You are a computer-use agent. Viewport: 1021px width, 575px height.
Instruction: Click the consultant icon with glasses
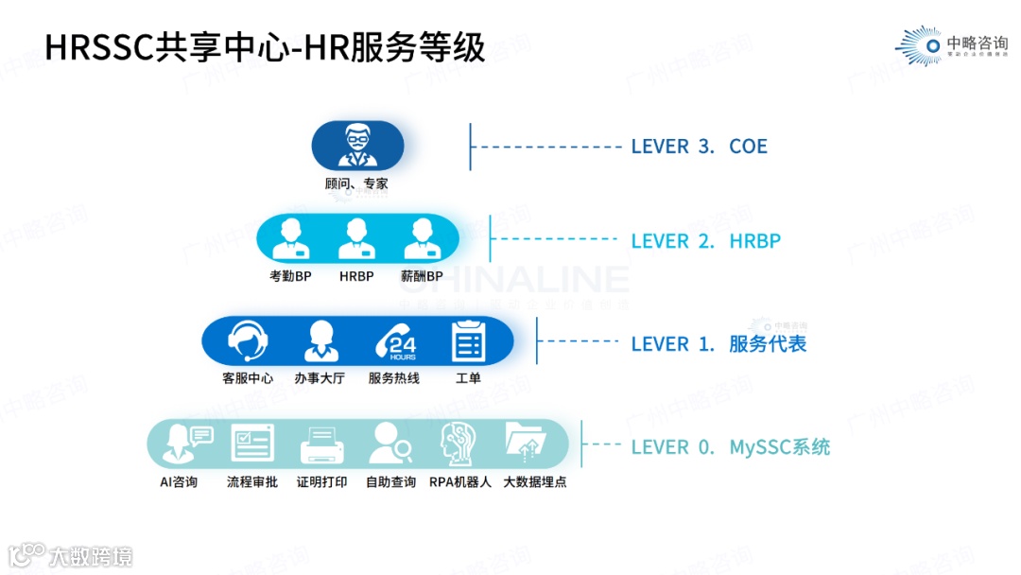click(x=357, y=146)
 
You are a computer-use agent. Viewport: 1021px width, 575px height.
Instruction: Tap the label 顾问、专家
click(x=356, y=184)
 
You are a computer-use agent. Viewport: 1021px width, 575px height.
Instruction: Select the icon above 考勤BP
click(x=290, y=239)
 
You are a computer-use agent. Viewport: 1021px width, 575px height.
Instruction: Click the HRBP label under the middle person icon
click(x=356, y=277)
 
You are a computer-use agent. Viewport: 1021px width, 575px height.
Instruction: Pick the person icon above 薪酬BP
click(x=423, y=239)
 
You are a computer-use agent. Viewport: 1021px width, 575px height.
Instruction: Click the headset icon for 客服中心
click(x=248, y=341)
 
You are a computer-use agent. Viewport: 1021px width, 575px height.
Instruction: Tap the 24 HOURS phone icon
click(x=395, y=341)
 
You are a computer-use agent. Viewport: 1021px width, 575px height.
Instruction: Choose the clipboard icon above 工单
click(x=468, y=341)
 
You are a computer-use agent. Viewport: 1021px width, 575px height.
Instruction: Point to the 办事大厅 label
click(x=320, y=378)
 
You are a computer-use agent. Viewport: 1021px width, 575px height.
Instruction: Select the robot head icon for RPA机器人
click(x=460, y=444)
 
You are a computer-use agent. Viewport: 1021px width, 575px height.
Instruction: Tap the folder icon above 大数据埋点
click(x=527, y=443)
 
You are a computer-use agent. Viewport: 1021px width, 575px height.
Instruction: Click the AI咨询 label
click(x=179, y=482)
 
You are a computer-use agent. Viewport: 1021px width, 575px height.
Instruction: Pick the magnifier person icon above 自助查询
click(x=390, y=443)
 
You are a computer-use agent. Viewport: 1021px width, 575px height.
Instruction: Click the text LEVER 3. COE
click(x=699, y=147)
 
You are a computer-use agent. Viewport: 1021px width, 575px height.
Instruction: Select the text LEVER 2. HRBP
click(x=705, y=241)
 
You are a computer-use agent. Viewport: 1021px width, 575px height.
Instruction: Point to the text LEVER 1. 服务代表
click(x=718, y=344)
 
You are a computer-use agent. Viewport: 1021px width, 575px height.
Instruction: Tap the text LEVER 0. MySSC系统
click(x=730, y=447)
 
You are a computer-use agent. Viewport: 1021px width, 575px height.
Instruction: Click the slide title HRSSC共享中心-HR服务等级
click(x=265, y=47)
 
